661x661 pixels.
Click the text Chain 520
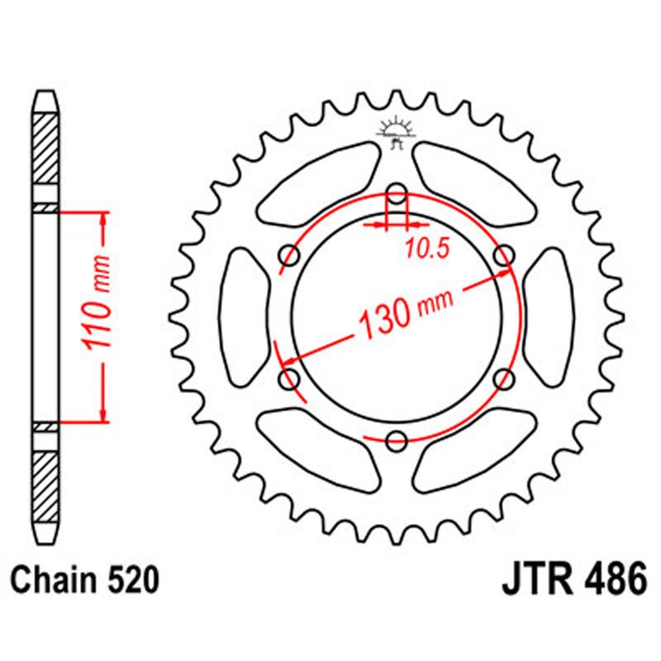85,580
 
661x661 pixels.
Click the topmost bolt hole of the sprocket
397,196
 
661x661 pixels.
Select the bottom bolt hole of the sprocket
397,440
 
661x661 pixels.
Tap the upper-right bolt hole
503,257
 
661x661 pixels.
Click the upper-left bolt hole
291,257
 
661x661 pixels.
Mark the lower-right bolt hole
503,379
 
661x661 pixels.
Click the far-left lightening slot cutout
245,317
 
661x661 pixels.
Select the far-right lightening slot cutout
549,317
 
